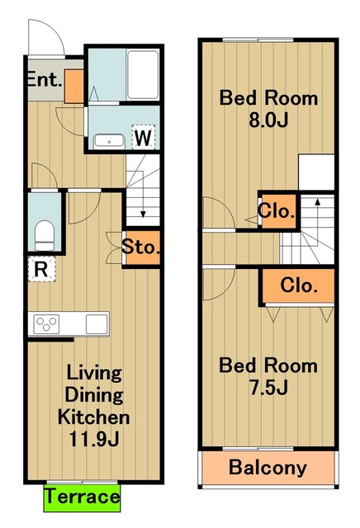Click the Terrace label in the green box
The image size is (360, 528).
click(82, 497)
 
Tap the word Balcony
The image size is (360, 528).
click(268, 468)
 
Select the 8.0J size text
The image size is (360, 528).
click(268, 120)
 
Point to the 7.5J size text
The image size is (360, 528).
click(268, 387)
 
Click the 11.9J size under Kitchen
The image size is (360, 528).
click(94, 438)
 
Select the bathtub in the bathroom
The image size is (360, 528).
click(143, 75)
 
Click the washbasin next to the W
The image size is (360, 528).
click(109, 141)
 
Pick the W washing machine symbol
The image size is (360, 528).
click(143, 137)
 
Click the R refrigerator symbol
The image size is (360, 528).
click(41, 269)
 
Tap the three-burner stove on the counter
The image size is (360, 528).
click(47, 324)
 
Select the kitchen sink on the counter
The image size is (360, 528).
click(97, 324)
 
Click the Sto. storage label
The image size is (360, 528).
click(140, 247)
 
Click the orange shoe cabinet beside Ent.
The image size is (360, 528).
click(73, 86)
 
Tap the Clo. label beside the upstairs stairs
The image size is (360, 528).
click(277, 211)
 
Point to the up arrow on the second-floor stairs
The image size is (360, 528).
click(317, 214)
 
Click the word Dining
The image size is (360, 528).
click(94, 395)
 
